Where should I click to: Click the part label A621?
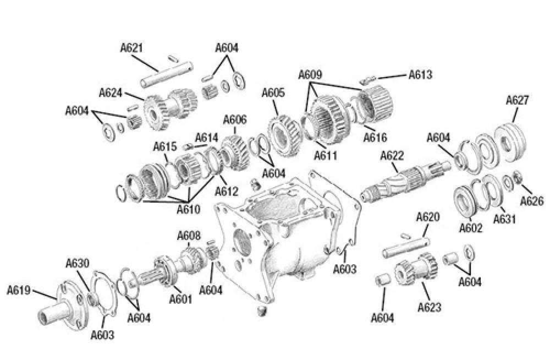click(x=132, y=48)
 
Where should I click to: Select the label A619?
click(x=19, y=290)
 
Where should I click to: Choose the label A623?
click(x=429, y=307)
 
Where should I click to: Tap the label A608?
click(x=189, y=236)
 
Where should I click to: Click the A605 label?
click(x=273, y=92)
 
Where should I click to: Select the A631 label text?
click(x=504, y=219)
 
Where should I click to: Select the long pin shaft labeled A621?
click(x=164, y=75)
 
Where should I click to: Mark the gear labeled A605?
click(x=284, y=135)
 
